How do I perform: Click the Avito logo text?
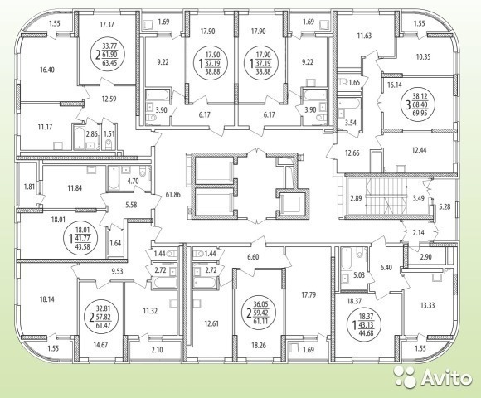[445, 377]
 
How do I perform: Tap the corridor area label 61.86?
[172, 194]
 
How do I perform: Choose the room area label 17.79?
[308, 295]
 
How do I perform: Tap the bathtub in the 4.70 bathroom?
[113, 178]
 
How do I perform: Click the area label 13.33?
[427, 305]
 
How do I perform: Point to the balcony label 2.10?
[157, 350]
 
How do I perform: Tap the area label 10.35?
[423, 56]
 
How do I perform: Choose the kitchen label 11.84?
[75, 188]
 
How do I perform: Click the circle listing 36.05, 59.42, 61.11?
[261, 313]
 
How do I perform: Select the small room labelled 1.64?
[115, 244]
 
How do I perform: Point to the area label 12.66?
[352, 153]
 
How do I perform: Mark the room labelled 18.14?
[47, 299]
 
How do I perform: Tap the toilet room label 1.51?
[109, 133]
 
